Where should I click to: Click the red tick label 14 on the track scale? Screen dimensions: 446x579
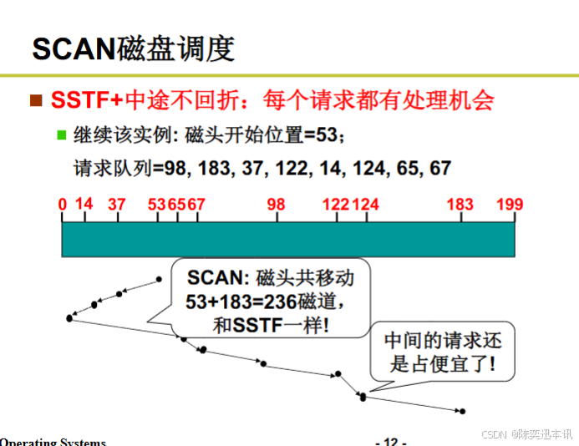pos(84,204)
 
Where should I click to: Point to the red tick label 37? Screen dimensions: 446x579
pos(116,204)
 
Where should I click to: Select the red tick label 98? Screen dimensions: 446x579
pos(277,204)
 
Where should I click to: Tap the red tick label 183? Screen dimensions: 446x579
pos(460,204)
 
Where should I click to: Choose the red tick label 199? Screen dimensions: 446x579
pos(509,204)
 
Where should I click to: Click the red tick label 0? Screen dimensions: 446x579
pos(63,204)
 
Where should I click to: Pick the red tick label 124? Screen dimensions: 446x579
pos(366,204)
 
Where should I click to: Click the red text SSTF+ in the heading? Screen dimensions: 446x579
pos(86,101)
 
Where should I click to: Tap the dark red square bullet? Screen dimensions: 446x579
pos(36,101)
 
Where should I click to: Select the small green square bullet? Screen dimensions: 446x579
pos(60,134)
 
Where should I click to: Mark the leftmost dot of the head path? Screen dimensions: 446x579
pos(69,318)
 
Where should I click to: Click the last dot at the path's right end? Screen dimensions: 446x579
pos(463,411)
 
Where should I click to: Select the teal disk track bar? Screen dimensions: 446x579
pos(288,240)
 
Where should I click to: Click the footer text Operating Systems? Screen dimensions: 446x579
pos(52,441)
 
